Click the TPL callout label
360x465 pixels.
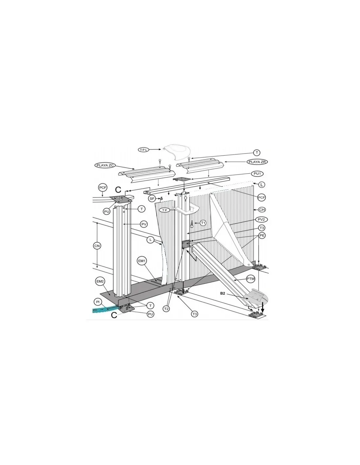tap(144, 150)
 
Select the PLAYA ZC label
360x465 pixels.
tap(105, 165)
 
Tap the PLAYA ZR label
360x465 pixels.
tap(257, 162)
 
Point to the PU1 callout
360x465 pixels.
tap(257, 174)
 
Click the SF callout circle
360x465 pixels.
tap(152, 198)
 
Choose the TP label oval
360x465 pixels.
tap(165, 210)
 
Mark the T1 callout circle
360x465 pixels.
tap(203, 223)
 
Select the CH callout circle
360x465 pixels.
tap(262, 210)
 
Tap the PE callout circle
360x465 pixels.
tap(262, 235)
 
